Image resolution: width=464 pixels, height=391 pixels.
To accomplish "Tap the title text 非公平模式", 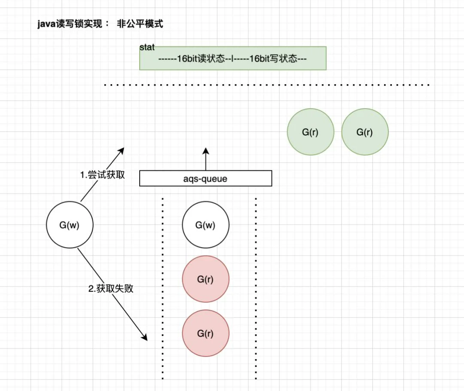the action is (x=140, y=24).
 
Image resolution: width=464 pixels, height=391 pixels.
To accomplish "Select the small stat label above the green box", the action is (x=147, y=47).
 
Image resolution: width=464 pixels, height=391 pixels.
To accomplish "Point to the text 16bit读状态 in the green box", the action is (x=201, y=58).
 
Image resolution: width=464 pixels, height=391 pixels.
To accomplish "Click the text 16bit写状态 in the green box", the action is (x=273, y=58).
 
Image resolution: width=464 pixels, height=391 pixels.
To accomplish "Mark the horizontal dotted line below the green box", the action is (x=267, y=85).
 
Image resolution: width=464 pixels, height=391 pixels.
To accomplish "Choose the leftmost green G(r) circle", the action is (x=311, y=132).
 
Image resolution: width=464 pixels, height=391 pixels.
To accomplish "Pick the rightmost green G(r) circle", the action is (x=365, y=132).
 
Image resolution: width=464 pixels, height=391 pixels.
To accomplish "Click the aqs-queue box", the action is (x=206, y=178).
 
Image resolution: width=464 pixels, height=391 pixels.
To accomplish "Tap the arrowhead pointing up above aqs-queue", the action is (x=206, y=151).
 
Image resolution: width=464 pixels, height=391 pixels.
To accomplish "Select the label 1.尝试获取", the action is (x=102, y=174).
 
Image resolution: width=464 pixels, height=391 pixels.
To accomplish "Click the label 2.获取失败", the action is (x=111, y=288).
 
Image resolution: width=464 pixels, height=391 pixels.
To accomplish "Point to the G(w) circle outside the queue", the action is (x=70, y=225).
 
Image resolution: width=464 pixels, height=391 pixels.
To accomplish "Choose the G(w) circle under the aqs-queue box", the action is (x=206, y=225).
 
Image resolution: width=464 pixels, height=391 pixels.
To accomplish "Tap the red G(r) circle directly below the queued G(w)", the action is (x=206, y=279).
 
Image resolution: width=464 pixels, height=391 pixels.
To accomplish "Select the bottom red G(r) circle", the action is (x=206, y=333).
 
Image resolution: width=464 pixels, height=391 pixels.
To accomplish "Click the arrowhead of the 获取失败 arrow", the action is (x=144, y=337).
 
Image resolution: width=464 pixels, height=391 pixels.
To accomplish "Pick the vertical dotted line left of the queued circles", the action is (x=162, y=289).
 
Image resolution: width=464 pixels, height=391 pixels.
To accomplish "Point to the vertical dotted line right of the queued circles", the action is (x=256, y=289).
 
